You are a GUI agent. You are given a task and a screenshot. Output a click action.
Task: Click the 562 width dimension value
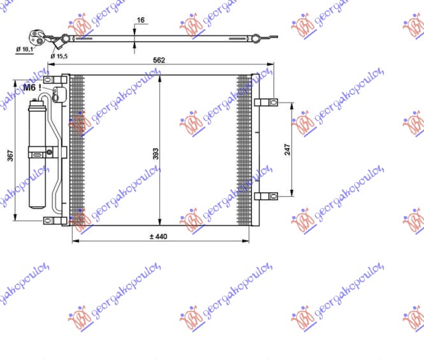pyautogui.click(x=159, y=61)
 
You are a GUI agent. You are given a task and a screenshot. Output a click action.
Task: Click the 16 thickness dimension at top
pyautogui.click(x=141, y=20)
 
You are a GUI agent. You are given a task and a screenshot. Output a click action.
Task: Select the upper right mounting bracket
pyautogui.click(x=266, y=101)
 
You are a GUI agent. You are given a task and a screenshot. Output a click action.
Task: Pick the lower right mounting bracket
pyautogui.click(x=266, y=196)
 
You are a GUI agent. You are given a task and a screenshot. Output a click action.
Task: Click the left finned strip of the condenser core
pyautogui.click(x=77, y=150)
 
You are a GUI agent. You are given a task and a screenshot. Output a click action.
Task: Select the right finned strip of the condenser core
pyautogui.click(x=244, y=150)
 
